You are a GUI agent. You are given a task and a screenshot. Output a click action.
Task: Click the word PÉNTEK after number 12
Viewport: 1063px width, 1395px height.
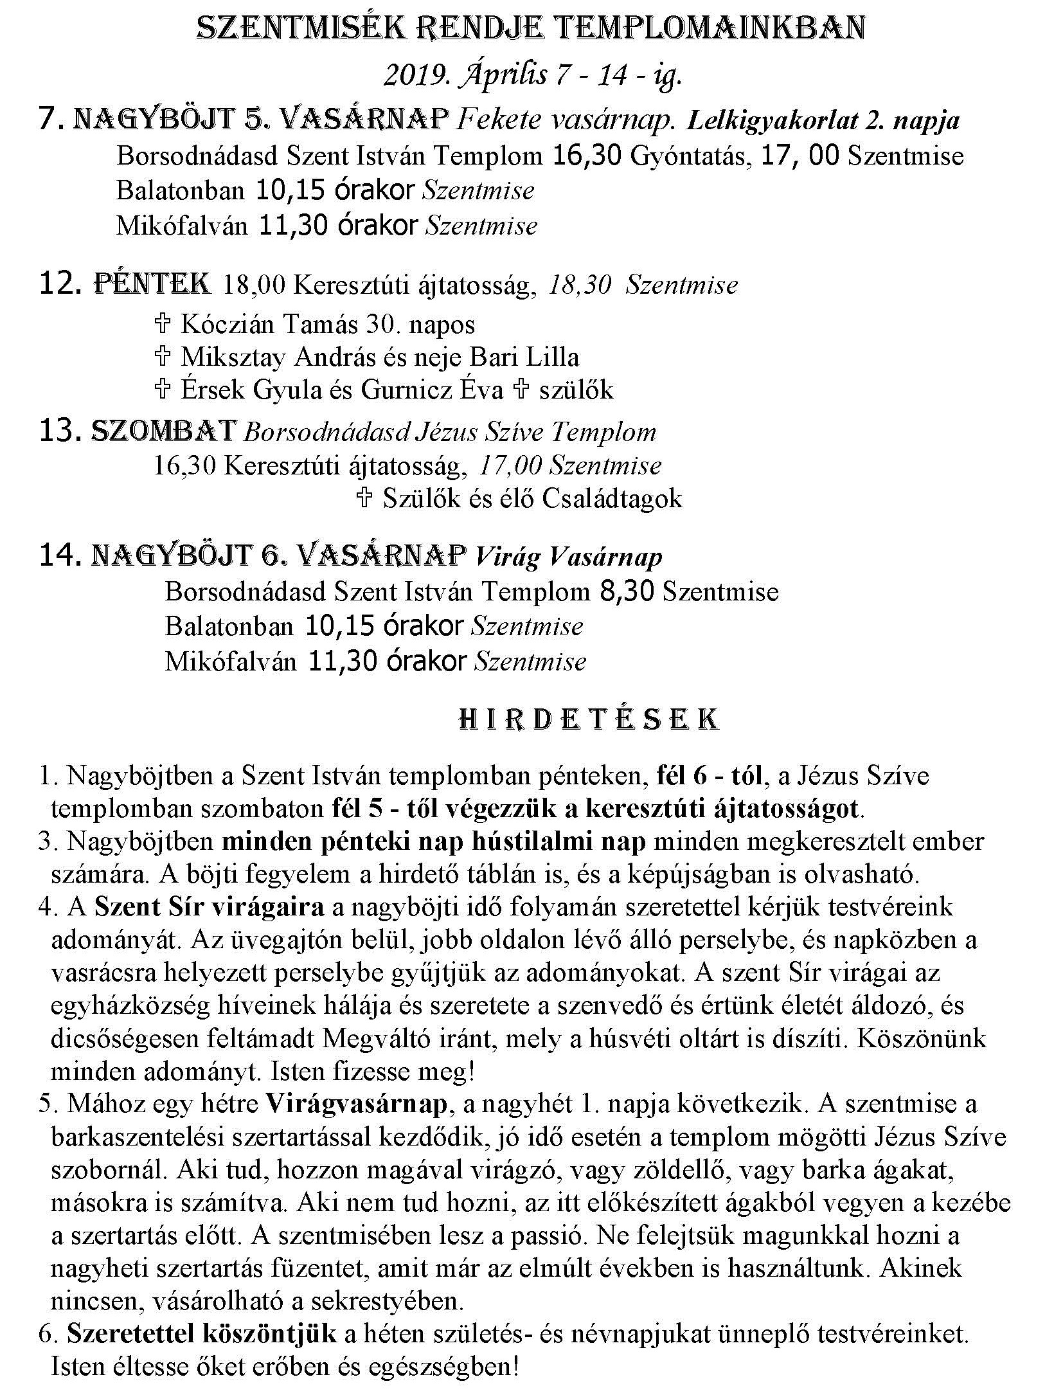[152, 283]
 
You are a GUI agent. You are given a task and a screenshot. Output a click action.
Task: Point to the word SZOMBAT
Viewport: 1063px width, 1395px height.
[163, 431]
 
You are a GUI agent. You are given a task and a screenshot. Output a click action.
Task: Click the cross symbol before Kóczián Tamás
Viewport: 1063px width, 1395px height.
[163, 323]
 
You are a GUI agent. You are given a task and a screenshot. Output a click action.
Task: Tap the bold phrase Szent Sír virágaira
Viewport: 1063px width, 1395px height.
[209, 907]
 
